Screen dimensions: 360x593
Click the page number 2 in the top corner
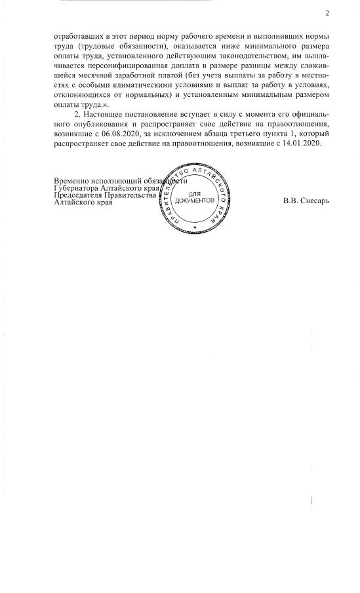point(327,12)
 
